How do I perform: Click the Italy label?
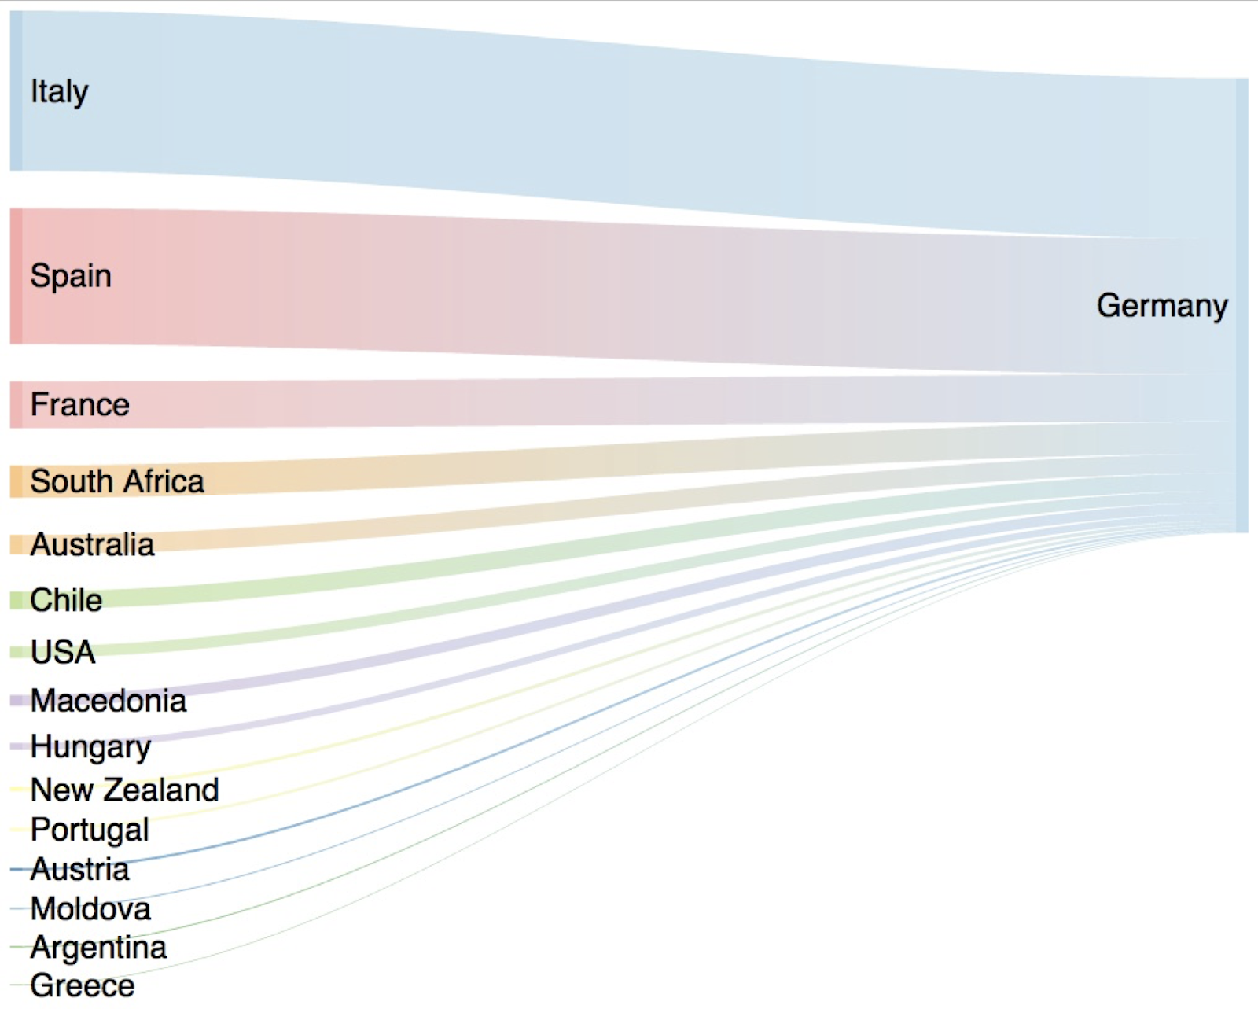pos(59,92)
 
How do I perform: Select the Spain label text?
pos(71,276)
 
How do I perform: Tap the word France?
pos(79,405)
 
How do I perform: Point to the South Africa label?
pos(117,481)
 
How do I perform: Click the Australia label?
pos(92,545)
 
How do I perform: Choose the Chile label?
pos(66,601)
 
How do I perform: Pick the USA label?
pos(63,652)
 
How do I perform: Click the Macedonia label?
pos(109,701)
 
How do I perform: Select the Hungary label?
pos(90,747)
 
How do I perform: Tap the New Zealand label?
pos(124,790)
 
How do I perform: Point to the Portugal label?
pos(90,830)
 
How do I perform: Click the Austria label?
pos(79,870)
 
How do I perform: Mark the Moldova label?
pos(90,909)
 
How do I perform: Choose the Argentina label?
pos(98,948)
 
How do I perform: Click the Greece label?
pos(82,985)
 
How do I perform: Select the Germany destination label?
pos(1162,305)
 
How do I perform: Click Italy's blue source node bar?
pos(16,91)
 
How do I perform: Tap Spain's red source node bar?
pos(16,276)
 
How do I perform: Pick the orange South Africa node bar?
pos(16,481)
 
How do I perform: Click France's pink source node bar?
pos(16,405)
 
